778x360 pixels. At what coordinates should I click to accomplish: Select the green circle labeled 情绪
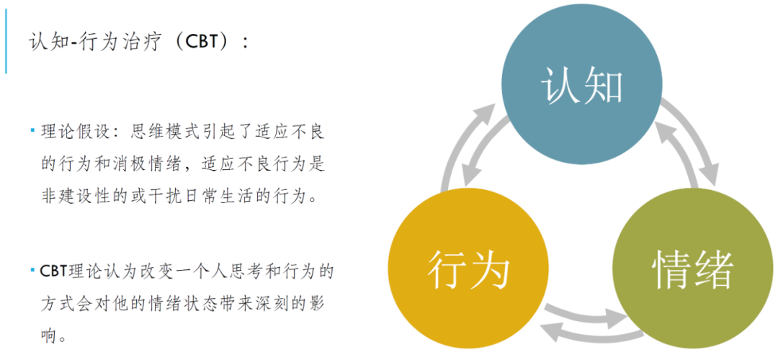[x=692, y=271]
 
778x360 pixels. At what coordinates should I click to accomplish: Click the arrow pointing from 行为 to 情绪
[x=583, y=313]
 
